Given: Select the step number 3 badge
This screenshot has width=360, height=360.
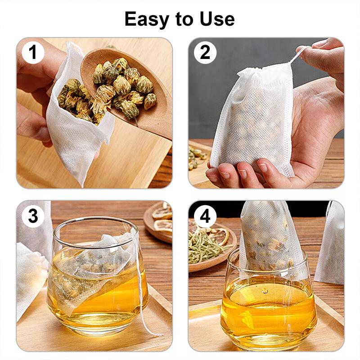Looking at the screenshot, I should pyautogui.click(x=32, y=216).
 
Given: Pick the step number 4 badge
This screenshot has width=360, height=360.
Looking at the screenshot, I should pyautogui.click(x=205, y=216).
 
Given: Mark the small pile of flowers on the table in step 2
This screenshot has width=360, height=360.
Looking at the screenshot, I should pyautogui.click(x=197, y=157).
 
